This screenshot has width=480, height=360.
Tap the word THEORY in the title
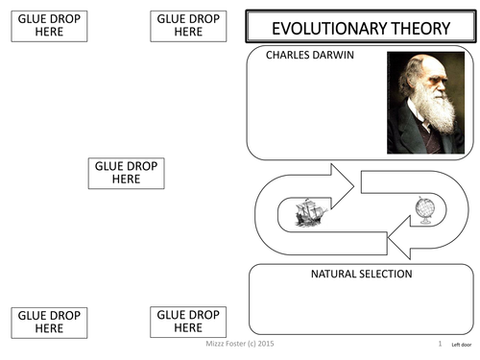(x=416, y=28)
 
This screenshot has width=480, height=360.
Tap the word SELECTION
(x=388, y=275)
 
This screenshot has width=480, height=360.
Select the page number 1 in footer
(x=439, y=343)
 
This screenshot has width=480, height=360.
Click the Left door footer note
(x=461, y=343)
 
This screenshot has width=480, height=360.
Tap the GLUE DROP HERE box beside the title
(x=188, y=26)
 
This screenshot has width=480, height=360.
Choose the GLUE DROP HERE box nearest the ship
(x=125, y=173)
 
